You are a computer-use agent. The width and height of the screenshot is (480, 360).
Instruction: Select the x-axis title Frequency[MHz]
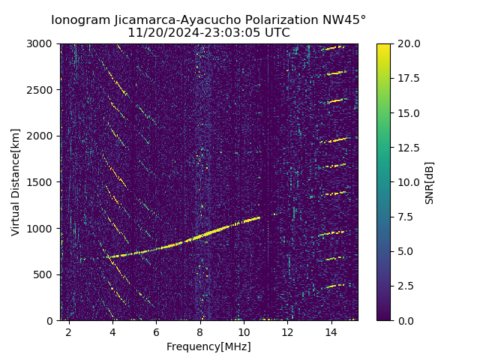point(208,346)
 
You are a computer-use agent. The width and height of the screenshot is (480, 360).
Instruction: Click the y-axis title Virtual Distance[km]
point(15,181)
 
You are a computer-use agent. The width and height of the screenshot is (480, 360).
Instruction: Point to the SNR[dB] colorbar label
point(430,182)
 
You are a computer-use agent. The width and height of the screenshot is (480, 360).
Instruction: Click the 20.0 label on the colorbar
point(406,44)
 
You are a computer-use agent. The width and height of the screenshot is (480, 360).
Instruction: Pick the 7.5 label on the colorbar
point(404,217)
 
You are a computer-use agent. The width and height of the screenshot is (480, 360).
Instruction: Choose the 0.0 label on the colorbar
point(404,320)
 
